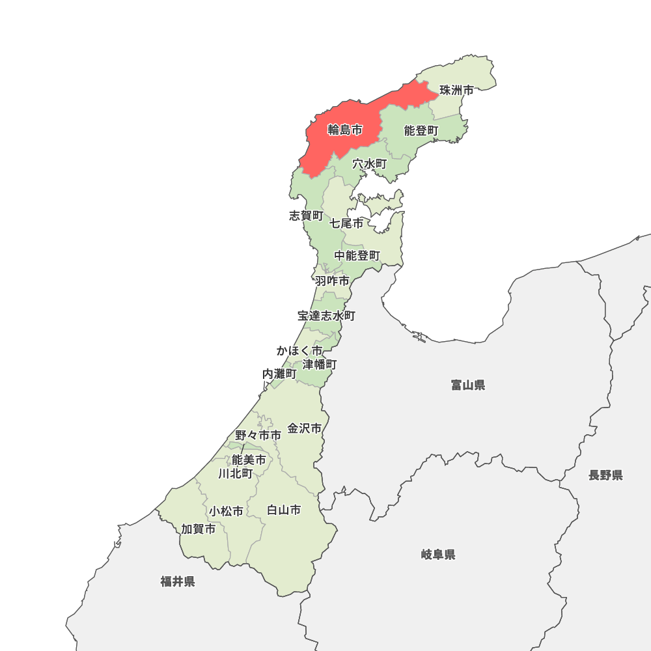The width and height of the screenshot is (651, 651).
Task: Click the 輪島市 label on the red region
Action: (344, 130)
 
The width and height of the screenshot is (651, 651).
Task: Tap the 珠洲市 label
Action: (456, 90)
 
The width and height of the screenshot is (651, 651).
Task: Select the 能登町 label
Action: (421, 131)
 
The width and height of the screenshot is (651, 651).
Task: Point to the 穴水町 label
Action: (370, 164)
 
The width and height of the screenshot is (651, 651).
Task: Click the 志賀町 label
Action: (305, 215)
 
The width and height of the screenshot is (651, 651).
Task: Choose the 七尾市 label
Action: (346, 223)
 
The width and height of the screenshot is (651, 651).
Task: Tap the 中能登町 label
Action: (357, 256)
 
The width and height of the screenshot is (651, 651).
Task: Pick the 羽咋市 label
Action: (332, 281)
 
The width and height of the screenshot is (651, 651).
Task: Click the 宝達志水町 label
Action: (326, 316)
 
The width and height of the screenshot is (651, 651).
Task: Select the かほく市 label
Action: (299, 351)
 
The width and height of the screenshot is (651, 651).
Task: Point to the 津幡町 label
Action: (320, 364)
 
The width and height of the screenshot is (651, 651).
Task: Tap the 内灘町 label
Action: (279, 374)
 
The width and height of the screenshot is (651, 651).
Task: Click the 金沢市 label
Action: (305, 428)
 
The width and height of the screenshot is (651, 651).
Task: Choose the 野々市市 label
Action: (258, 435)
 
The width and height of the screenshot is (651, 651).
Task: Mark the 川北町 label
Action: (236, 473)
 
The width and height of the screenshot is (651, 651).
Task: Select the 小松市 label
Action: (226, 511)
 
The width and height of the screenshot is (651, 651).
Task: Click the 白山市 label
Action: (284, 510)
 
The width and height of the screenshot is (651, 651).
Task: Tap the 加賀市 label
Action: (199, 529)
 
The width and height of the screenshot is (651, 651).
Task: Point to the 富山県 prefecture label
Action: (468, 385)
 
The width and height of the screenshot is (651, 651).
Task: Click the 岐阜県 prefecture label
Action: (438, 555)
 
